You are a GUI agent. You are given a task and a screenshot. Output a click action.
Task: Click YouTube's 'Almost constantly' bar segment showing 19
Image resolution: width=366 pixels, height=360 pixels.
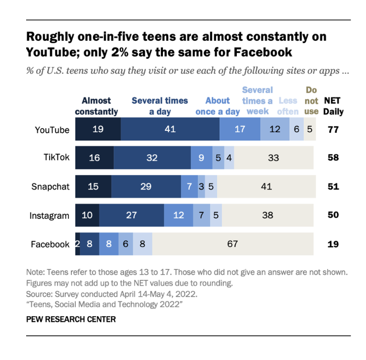click(98, 129)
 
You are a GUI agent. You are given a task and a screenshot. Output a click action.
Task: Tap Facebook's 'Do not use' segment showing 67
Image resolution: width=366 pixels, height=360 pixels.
click(233, 244)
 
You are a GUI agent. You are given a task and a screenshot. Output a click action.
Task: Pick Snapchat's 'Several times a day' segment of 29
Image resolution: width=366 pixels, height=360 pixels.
click(146, 187)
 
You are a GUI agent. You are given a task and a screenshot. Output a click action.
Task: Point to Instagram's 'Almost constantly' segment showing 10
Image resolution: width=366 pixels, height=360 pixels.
click(87, 215)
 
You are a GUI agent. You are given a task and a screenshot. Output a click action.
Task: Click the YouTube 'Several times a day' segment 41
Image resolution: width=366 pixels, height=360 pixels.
click(170, 129)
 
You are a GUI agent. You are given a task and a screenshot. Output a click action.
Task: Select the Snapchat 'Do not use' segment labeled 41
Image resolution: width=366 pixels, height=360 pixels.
click(266, 187)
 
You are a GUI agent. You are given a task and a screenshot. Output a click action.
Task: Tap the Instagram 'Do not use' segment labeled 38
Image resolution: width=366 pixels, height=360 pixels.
click(268, 215)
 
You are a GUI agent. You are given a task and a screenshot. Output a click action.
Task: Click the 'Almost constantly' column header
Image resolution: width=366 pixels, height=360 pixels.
click(97, 106)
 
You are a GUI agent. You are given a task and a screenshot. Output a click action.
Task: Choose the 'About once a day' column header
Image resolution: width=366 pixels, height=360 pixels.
click(217, 106)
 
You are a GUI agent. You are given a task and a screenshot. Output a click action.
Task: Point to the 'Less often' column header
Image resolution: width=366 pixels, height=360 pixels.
click(288, 106)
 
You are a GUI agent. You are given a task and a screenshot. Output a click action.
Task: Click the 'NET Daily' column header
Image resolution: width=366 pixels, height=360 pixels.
click(332, 106)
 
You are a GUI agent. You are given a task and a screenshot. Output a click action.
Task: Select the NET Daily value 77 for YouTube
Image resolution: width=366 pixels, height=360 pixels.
click(332, 129)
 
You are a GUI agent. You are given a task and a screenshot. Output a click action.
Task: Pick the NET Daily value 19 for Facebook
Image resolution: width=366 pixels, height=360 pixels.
click(332, 244)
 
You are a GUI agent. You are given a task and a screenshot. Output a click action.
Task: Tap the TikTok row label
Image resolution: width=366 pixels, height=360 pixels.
click(57, 158)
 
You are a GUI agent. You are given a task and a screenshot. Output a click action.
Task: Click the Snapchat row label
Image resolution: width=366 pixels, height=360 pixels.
click(50, 187)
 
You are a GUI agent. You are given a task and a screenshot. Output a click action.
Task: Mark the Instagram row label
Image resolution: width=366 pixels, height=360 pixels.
click(49, 216)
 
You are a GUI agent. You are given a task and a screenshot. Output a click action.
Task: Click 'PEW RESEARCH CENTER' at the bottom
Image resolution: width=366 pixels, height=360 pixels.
click(71, 319)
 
